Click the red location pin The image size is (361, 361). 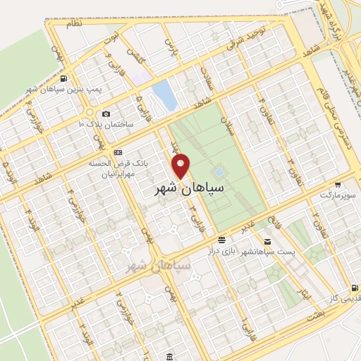tap(182, 165)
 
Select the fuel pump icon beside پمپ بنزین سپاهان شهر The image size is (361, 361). tap(64, 78)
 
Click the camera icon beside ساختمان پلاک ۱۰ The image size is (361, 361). tap(106, 114)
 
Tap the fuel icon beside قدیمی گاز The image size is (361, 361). tap(353, 288)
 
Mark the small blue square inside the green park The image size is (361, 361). tap(219, 171)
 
